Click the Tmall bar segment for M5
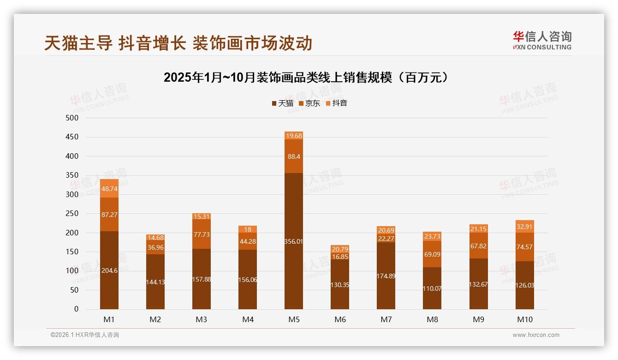(x=294, y=241)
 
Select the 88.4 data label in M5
(x=294, y=156)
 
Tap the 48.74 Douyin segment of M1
(x=109, y=188)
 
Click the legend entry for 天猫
(x=282, y=103)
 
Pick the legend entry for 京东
(x=309, y=103)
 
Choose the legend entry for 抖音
(x=336, y=103)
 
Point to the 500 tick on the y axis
(x=72, y=118)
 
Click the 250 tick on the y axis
(x=72, y=214)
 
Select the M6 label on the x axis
(x=340, y=319)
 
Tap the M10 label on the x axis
(x=524, y=319)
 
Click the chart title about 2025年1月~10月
(x=306, y=78)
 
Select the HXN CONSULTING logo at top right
(x=542, y=40)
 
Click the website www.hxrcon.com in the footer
(x=536, y=335)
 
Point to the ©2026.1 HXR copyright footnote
(x=85, y=335)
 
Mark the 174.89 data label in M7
(x=386, y=276)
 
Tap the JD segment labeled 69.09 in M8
(x=432, y=254)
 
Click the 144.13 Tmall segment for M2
(x=155, y=282)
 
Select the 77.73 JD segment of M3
(x=202, y=234)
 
